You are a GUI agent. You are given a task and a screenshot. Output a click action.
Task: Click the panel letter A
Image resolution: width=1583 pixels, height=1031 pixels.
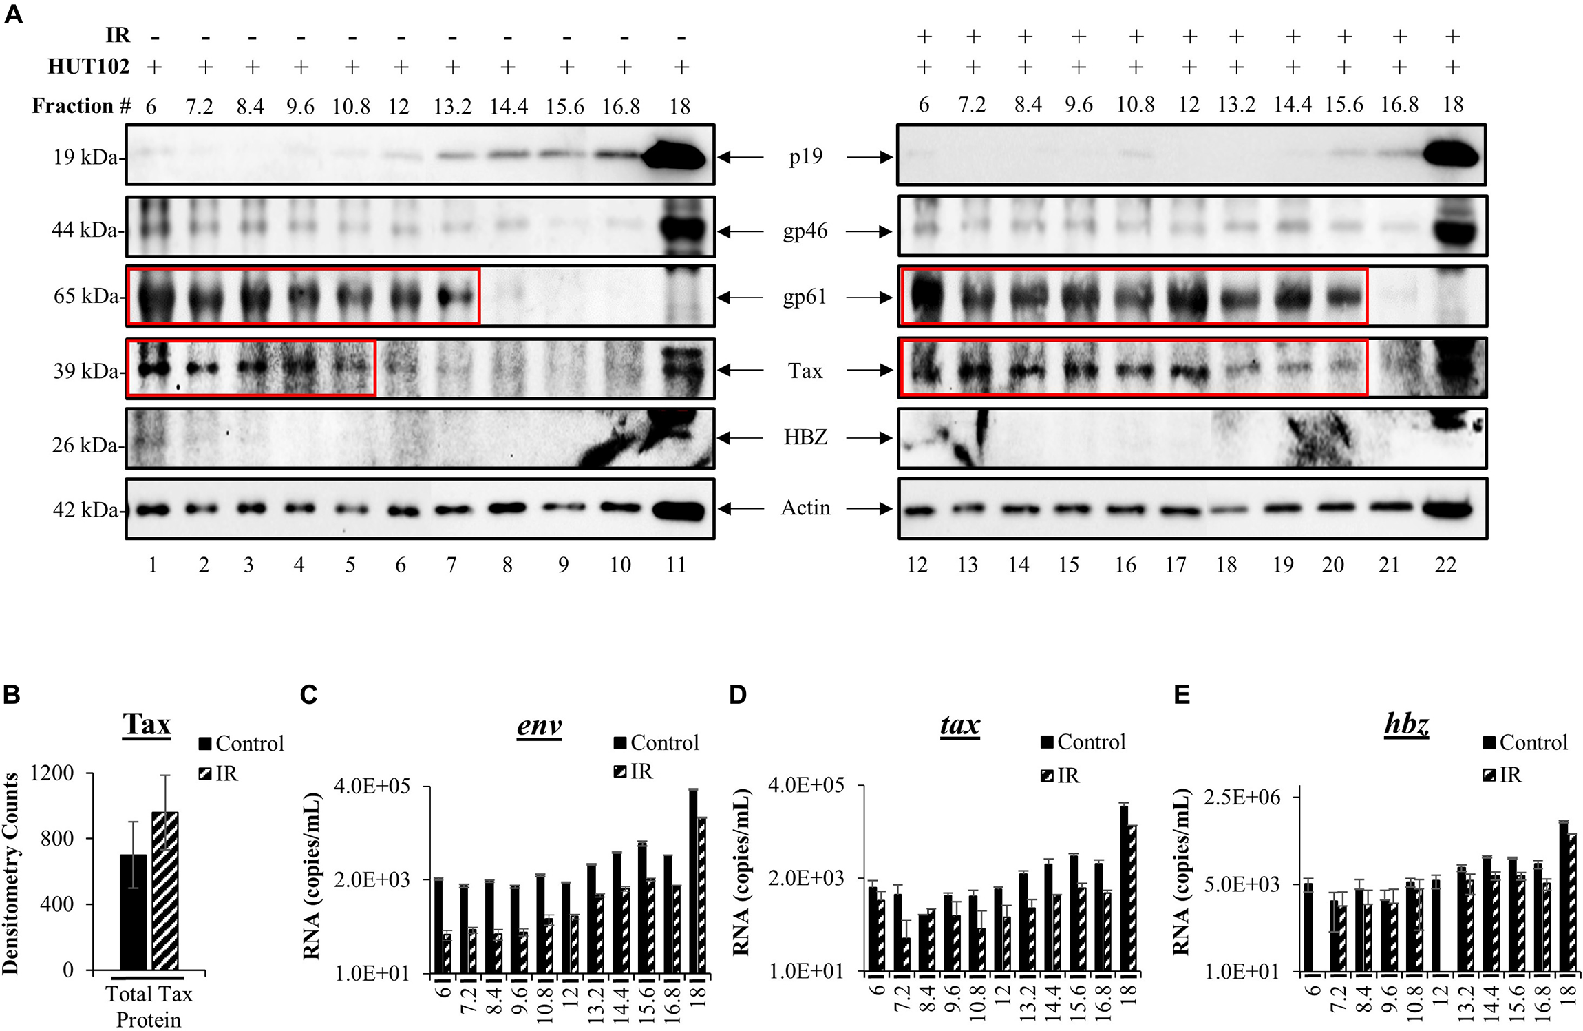point(13,14)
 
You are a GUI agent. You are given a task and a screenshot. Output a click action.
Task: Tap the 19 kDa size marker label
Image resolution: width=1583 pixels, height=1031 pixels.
point(85,158)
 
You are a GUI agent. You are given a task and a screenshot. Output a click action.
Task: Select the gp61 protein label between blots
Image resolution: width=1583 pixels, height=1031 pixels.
point(805,298)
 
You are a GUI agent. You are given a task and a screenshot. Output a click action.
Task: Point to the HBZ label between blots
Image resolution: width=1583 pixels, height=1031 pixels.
point(805,437)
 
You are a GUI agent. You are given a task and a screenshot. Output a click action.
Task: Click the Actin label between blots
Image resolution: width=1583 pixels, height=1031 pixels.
point(805,508)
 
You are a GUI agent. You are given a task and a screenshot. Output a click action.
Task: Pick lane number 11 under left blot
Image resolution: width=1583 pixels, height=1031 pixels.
point(676,565)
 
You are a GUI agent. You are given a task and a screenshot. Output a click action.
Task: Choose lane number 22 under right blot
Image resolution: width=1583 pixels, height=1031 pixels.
point(1445,565)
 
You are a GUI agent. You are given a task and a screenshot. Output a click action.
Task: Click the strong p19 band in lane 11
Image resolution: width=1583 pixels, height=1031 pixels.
point(674,157)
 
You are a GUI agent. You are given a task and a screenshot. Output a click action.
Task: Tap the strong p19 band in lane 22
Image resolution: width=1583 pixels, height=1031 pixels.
point(1451,157)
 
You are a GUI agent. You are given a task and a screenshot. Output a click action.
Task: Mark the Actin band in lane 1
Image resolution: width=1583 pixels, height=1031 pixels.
point(153,510)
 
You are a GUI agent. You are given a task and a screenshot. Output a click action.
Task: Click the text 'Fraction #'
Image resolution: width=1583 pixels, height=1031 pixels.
point(81,106)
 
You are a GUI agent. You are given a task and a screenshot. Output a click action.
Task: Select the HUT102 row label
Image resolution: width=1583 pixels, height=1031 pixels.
point(88,67)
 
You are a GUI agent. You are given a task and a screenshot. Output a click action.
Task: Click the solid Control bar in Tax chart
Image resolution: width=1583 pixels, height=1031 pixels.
point(133,913)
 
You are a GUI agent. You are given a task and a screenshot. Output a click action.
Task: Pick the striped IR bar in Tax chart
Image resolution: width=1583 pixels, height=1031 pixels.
point(165,892)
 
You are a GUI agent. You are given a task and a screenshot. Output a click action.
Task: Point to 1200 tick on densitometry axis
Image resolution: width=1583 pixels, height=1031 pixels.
point(52,773)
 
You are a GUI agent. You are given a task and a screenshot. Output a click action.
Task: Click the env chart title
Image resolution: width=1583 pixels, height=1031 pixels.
point(539,725)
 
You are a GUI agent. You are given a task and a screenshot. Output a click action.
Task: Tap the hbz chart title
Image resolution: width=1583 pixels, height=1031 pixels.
point(1406,725)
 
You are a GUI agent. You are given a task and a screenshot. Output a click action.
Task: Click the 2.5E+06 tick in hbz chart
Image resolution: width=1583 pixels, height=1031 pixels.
point(1242,798)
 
